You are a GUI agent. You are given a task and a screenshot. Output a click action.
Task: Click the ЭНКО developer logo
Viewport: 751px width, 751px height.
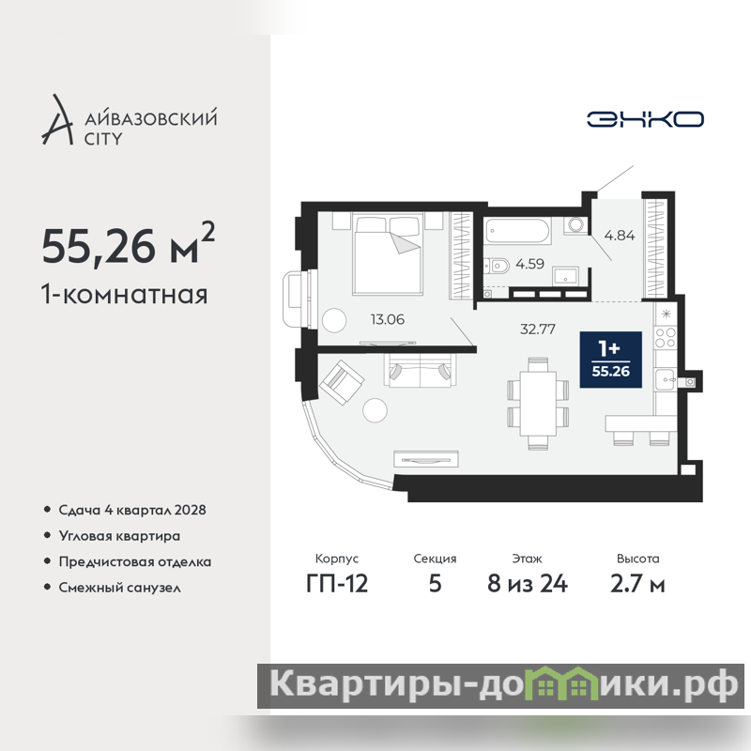point(645,119)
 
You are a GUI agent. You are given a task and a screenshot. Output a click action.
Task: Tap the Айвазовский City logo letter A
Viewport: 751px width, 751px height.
point(58,120)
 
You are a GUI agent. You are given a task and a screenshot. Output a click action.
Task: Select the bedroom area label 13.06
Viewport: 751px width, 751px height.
point(388,319)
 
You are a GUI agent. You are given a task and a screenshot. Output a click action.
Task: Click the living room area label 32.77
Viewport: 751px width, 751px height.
point(538,330)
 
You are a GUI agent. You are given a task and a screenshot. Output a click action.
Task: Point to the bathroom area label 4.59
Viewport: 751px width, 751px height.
point(529,264)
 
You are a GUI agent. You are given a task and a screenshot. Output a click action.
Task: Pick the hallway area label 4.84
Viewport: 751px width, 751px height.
point(620,236)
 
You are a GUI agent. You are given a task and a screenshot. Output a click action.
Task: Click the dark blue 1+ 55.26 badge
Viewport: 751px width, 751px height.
point(611,360)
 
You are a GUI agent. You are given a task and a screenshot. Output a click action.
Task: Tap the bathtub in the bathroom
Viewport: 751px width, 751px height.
point(517,231)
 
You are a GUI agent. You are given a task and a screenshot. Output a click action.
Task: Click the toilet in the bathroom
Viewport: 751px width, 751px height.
point(497,266)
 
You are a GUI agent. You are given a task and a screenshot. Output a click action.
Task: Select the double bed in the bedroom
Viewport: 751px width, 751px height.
point(387,253)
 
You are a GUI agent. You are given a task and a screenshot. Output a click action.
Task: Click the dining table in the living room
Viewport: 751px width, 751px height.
point(538,404)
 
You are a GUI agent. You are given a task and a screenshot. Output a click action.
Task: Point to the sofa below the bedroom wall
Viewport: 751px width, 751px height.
point(420,369)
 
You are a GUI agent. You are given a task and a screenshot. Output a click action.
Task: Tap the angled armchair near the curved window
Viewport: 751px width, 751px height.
point(342,382)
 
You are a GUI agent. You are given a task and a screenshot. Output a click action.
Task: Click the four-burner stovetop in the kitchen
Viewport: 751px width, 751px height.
point(665,337)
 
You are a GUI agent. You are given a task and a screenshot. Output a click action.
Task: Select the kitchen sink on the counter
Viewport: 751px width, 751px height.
point(665,380)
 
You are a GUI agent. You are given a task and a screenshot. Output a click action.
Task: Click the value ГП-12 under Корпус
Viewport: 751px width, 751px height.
point(337,584)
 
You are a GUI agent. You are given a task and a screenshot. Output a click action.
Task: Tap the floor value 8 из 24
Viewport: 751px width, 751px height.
point(528,584)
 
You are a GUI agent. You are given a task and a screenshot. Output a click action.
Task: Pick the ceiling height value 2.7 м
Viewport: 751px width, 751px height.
point(637,584)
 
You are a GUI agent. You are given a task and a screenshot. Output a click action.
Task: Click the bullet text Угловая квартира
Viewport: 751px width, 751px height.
point(119,536)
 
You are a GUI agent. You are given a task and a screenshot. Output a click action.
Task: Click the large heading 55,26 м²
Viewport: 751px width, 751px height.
point(128,245)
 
